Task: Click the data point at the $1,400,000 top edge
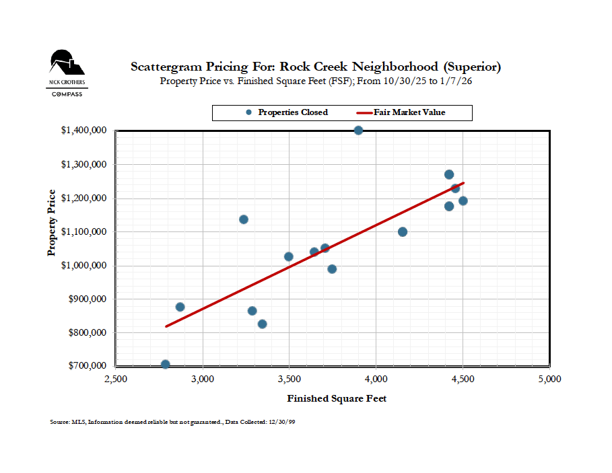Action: coord(358,130)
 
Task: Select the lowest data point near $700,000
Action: coord(165,365)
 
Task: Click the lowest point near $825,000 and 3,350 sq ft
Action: coord(262,324)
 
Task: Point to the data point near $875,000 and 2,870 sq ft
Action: coord(180,307)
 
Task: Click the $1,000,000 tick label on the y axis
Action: coord(85,265)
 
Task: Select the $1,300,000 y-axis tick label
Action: coord(85,164)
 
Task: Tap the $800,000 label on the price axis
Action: coord(87,332)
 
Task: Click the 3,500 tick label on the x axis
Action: coord(290,379)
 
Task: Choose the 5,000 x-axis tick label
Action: coord(549,379)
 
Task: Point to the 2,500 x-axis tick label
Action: coord(116,379)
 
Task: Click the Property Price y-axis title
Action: coord(51,222)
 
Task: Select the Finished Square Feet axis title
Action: coord(337,398)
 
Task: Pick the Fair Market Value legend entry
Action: coord(409,112)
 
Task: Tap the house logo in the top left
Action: coord(67,63)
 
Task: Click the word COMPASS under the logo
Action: coord(67,94)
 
